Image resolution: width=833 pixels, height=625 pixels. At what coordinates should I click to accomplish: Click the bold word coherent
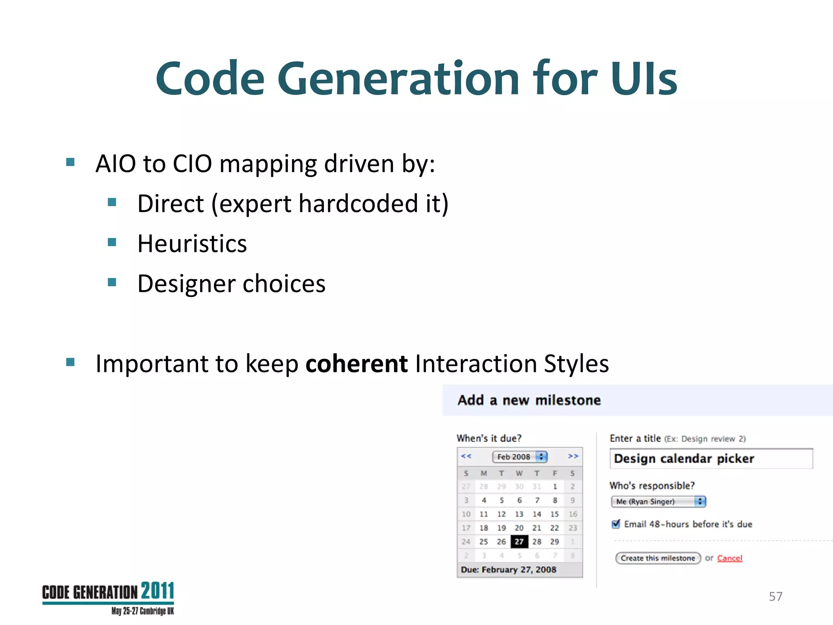tap(356, 363)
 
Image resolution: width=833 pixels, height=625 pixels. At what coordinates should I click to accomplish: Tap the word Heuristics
tap(192, 244)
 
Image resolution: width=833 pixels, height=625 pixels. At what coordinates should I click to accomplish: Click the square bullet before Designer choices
tap(112, 282)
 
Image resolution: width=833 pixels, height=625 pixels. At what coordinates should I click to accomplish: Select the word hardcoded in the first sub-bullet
tap(358, 203)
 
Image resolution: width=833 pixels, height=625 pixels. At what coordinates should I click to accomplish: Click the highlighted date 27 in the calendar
tap(519, 542)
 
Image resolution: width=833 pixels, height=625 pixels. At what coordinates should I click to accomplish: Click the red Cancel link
tap(730, 558)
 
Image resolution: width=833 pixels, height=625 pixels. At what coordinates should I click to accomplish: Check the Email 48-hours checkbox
tap(616, 524)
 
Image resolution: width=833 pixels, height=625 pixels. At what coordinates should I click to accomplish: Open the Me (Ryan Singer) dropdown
tap(658, 502)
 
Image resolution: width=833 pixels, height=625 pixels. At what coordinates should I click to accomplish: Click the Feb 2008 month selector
tap(519, 457)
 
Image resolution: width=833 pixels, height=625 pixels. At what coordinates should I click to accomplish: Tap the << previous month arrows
tap(466, 456)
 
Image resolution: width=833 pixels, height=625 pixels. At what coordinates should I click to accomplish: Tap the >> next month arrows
tap(573, 456)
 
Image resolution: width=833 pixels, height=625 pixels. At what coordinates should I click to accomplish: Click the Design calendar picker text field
tap(711, 459)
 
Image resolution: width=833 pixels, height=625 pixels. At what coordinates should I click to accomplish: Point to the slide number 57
tap(776, 597)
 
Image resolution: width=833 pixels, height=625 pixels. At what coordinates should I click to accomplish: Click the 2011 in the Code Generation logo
tap(157, 591)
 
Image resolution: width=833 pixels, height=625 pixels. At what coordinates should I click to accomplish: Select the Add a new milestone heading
tap(529, 400)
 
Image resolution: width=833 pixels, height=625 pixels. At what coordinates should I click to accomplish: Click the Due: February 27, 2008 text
tap(508, 570)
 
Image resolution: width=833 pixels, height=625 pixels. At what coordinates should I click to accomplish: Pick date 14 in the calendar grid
tap(537, 514)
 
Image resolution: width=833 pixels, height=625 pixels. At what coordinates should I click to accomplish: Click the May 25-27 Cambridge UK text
tap(142, 611)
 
